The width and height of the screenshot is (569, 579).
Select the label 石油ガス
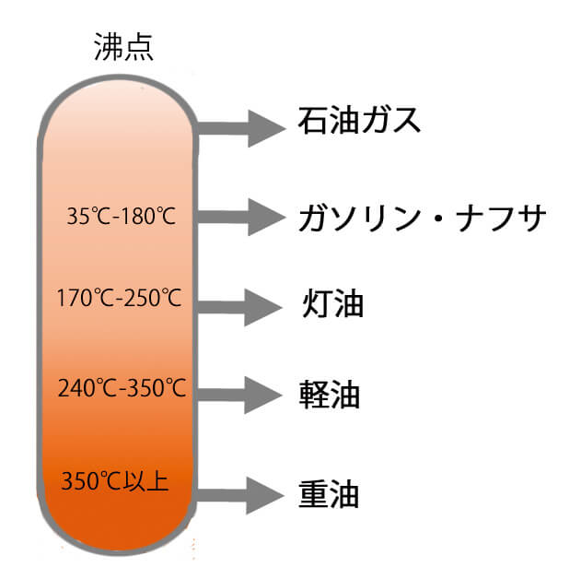pos(359,121)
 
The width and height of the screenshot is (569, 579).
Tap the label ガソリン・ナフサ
pos(423,219)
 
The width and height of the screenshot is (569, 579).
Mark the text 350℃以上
pos(114,480)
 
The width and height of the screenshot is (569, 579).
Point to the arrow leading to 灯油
pos(240,305)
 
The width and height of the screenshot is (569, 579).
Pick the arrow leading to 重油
pos(240,495)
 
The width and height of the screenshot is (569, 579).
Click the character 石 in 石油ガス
pos(314,121)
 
